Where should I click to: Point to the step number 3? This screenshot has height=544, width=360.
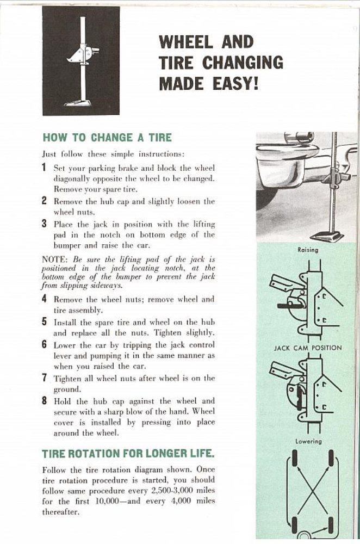[45, 223]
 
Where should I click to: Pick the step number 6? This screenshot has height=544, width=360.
[45, 345]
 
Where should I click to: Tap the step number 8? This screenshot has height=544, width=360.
[45, 400]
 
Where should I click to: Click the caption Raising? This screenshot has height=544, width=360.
[308, 250]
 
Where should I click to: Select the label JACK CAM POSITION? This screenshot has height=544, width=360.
[308, 348]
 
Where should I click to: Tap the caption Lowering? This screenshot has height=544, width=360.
[308, 441]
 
